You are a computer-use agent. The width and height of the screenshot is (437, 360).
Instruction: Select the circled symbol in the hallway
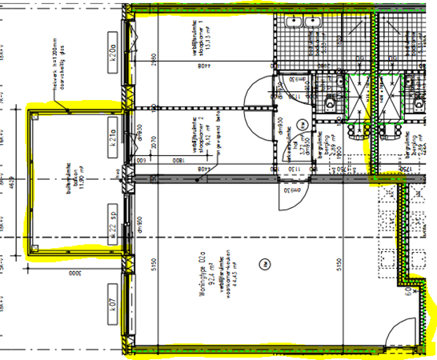tap(303, 124)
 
